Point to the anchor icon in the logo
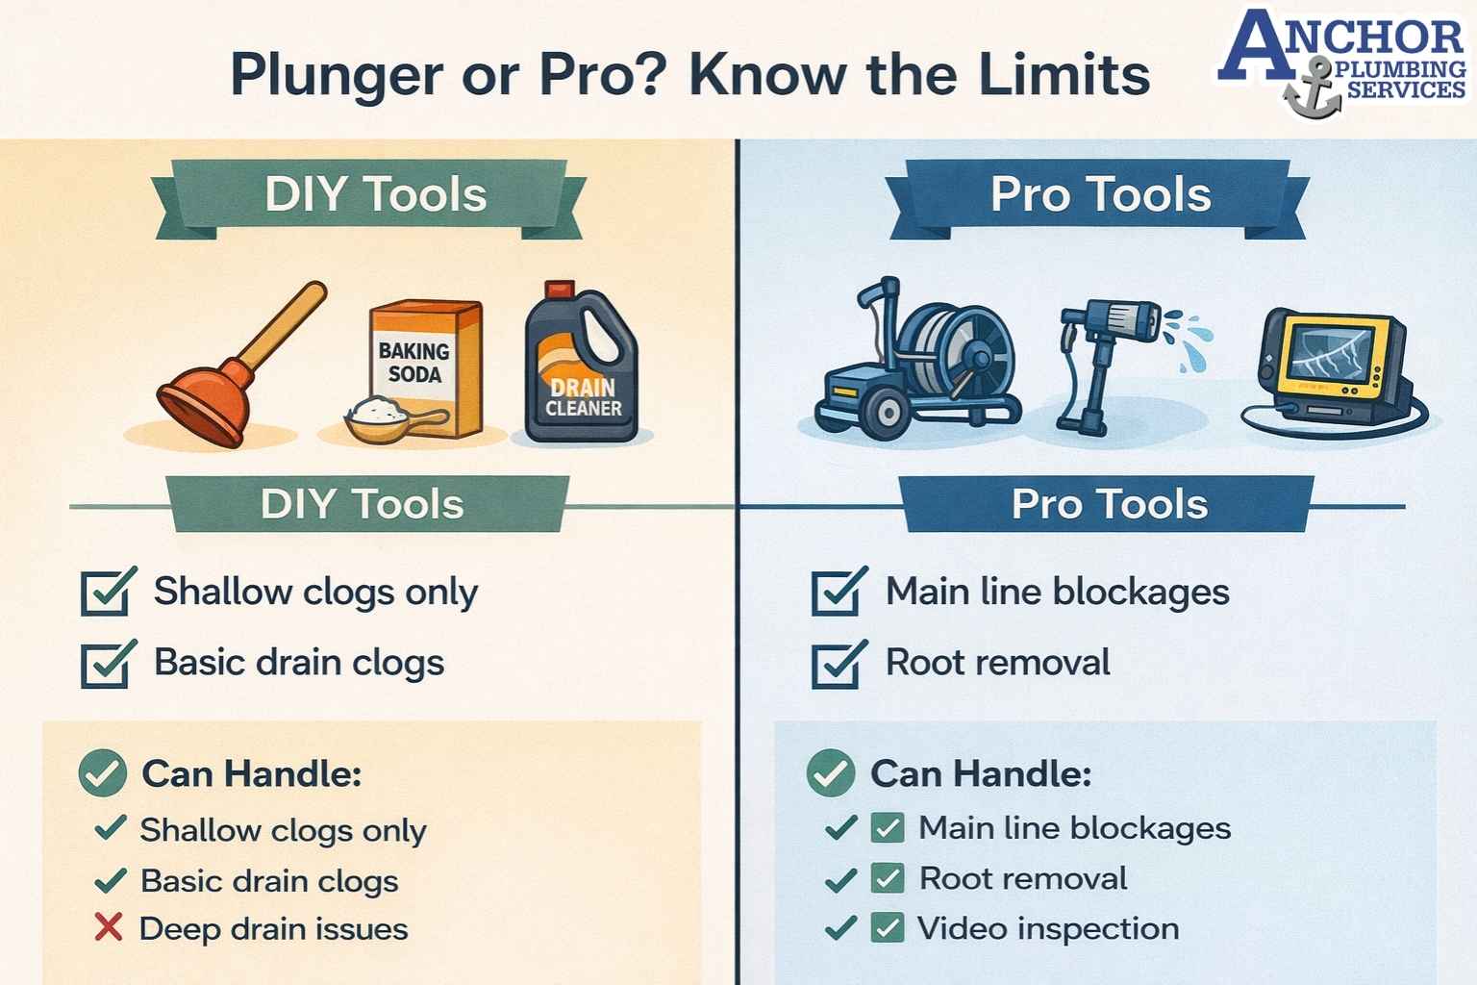point(1312,92)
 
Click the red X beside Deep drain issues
point(109,928)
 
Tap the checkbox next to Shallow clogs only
point(107,592)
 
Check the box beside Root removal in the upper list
point(838,664)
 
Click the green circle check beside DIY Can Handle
point(103,773)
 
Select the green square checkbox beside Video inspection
point(887,928)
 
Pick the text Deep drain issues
point(274,929)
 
